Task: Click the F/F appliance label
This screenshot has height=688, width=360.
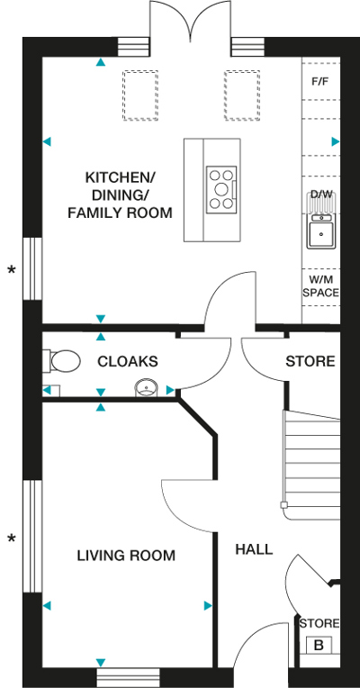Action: [x=320, y=82]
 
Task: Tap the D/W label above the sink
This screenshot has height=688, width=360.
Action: [x=321, y=194]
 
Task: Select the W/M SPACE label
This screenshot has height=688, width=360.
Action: [x=321, y=286]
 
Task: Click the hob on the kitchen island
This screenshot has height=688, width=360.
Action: [x=221, y=189]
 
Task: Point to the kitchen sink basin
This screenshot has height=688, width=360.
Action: [x=321, y=234]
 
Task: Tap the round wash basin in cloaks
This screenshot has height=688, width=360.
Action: [x=146, y=387]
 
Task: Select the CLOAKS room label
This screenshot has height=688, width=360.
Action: [x=128, y=361]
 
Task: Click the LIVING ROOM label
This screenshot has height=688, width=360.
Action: [x=126, y=556]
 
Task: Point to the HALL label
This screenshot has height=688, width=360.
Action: [x=254, y=549]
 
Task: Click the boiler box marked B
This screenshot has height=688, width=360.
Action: [x=319, y=645]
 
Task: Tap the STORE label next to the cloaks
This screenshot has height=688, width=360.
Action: [x=310, y=361]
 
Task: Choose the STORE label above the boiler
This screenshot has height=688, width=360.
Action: [x=319, y=623]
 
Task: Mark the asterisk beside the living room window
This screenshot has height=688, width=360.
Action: [x=12, y=538]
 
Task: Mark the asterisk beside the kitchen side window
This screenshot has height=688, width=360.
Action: [x=12, y=270]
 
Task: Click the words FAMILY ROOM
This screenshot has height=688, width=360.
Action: [x=120, y=213]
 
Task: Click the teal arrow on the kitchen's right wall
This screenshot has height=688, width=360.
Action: [x=336, y=141]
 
